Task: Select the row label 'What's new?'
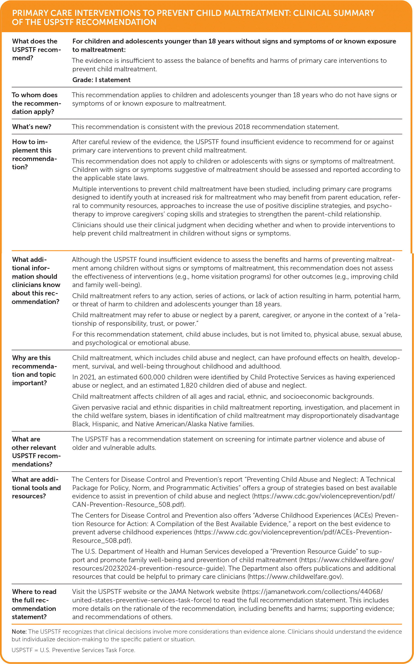point(32,127)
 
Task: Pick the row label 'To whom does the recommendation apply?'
point(36,103)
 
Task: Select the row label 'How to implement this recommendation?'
point(34,154)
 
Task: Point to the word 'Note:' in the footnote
point(19,632)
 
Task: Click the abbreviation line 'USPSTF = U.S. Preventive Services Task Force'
point(73,650)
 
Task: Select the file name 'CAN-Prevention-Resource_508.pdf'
point(127,505)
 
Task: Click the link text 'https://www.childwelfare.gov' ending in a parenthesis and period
point(295,577)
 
